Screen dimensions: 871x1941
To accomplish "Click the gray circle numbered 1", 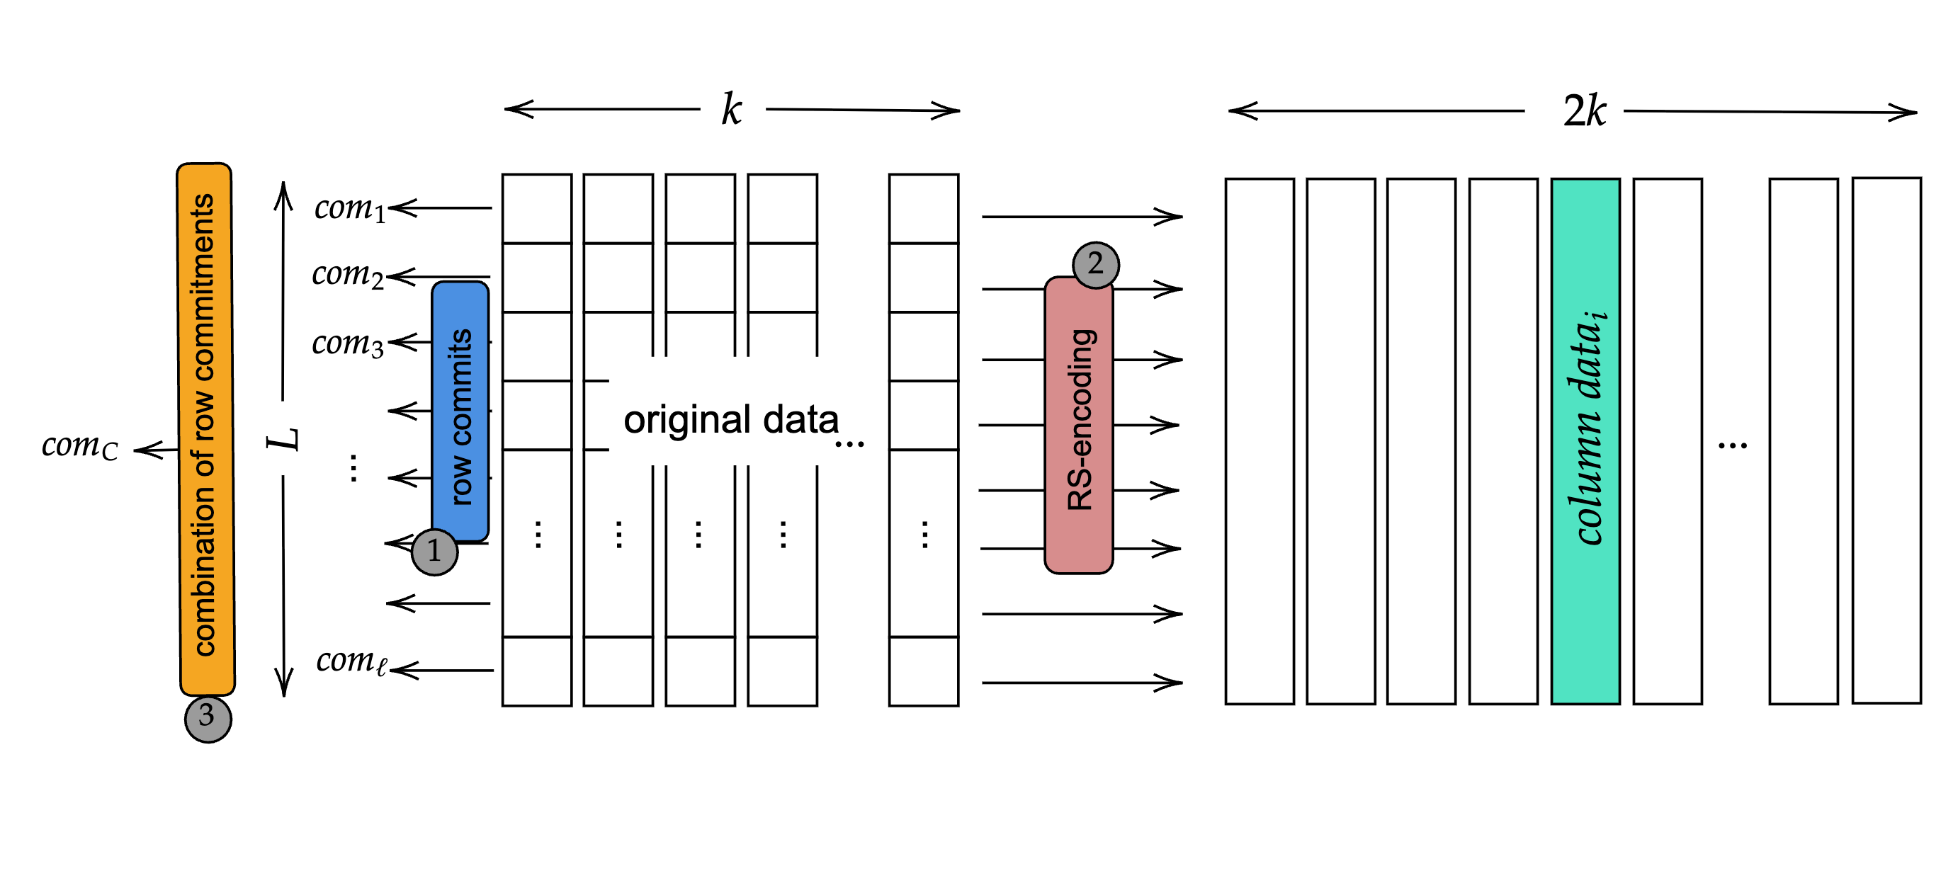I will [x=434, y=552].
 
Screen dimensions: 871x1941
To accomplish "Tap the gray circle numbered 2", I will [x=1095, y=264].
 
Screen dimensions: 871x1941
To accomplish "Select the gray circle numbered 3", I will [x=208, y=718].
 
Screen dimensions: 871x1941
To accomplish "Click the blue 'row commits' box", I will [x=460, y=411].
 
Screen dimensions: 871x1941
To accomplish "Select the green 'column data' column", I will [x=1585, y=440].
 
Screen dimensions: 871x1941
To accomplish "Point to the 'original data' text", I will [x=730, y=420].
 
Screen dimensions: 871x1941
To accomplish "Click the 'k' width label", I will [x=731, y=110].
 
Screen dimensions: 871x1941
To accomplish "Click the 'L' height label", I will [x=284, y=438].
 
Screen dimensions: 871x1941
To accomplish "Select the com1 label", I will [x=349, y=208].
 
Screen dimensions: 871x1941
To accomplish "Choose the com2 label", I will [x=347, y=275].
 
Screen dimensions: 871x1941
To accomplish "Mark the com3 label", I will [x=347, y=343].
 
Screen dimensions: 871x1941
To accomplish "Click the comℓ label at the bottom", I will [x=351, y=661].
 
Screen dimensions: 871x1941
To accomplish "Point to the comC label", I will [x=79, y=446].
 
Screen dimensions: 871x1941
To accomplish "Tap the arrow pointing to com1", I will [x=441, y=207].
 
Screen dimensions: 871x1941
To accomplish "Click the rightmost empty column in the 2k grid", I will [x=1886, y=440].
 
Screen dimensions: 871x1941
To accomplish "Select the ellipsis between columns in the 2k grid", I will [x=1732, y=445].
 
